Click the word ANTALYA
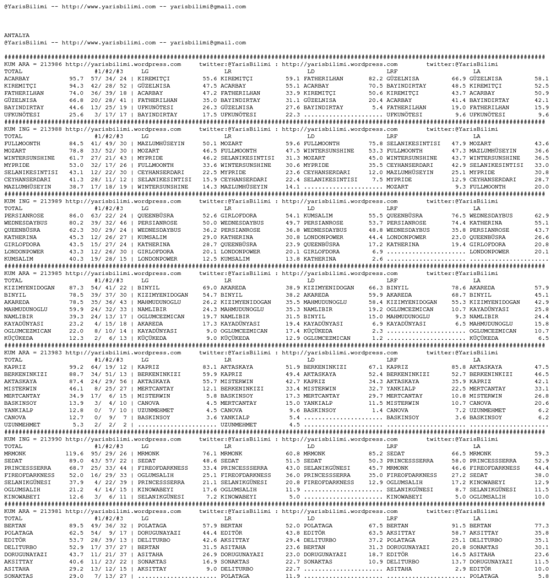click(17, 35)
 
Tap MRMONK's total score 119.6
click(73, 453)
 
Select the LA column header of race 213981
click(477, 518)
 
